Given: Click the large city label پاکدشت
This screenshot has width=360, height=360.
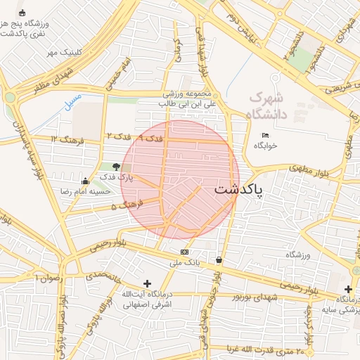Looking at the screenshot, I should pos(237,190).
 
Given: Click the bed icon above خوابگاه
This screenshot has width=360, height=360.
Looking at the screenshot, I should pos(265,135).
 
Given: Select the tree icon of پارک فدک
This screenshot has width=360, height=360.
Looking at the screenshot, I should pos(116,167).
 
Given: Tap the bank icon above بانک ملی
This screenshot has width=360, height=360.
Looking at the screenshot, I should pos(184,252).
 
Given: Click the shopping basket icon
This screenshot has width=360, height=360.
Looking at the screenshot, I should pos(219,260).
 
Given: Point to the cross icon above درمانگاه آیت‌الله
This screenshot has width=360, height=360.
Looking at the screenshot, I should pos(147,283).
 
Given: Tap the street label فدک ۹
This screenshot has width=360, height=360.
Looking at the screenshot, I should pos(150,139).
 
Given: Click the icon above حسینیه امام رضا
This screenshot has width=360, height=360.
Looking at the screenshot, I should pos(85,181).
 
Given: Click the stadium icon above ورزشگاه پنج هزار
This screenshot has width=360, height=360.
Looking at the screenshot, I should pos(22,13).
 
